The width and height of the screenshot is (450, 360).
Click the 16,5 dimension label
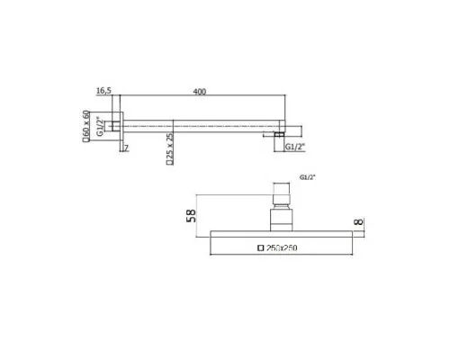(x=103, y=90)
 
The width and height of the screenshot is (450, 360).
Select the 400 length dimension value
(x=200, y=92)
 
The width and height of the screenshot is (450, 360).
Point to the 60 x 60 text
(x=86, y=123)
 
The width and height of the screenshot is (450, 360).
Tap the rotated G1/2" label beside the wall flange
(x=100, y=126)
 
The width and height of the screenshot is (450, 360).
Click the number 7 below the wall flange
(x=126, y=148)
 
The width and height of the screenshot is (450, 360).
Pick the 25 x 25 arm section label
(x=170, y=146)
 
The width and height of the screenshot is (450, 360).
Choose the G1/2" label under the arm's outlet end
(x=295, y=147)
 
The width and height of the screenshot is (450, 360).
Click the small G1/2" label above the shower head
(x=308, y=177)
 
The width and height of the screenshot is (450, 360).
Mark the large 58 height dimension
(x=191, y=216)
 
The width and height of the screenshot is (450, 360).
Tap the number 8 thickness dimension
(x=358, y=222)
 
